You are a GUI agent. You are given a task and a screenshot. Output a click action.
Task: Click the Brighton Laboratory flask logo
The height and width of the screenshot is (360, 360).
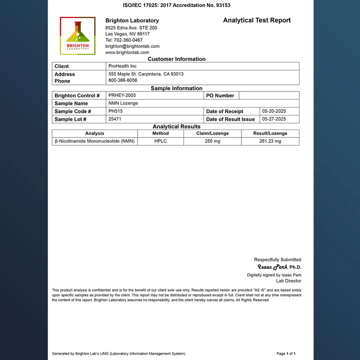(x=77, y=35)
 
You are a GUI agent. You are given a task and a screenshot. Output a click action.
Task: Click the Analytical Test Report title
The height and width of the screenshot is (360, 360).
(x=256, y=20)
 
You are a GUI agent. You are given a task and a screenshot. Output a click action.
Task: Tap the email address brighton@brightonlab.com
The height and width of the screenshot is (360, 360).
(x=132, y=46)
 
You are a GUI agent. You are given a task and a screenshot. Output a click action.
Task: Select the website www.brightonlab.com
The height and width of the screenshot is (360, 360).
(x=127, y=52)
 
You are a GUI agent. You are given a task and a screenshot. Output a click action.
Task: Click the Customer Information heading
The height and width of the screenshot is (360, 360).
(x=176, y=59)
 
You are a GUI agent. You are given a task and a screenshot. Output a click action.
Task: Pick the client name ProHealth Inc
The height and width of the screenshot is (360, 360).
(x=122, y=66)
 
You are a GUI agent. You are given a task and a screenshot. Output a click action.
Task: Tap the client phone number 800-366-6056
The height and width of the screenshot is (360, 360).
(x=122, y=80)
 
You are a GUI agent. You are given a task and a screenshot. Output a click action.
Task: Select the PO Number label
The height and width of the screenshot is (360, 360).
(x=220, y=95)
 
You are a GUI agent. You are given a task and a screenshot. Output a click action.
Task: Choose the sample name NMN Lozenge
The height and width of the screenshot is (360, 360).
(x=123, y=103)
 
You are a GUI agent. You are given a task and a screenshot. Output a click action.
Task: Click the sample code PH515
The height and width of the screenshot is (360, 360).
(x=115, y=111)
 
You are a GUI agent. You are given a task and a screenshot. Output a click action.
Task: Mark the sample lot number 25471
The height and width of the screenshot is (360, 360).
(x=115, y=119)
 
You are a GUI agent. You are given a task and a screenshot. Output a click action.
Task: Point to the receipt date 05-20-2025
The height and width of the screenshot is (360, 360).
(x=274, y=111)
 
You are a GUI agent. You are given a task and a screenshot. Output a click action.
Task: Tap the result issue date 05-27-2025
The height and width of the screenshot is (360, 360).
(x=274, y=119)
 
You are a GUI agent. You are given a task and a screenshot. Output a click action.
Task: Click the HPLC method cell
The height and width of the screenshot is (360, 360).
(x=160, y=141)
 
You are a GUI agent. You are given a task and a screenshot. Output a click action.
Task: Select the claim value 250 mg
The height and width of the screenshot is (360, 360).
(x=212, y=141)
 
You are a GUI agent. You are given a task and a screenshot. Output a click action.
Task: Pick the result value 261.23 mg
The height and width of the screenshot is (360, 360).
(x=270, y=141)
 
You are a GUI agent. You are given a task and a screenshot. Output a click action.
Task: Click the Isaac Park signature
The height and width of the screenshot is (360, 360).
(x=272, y=267)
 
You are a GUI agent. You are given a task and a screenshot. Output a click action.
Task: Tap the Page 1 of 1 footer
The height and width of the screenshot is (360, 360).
(x=289, y=353)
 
